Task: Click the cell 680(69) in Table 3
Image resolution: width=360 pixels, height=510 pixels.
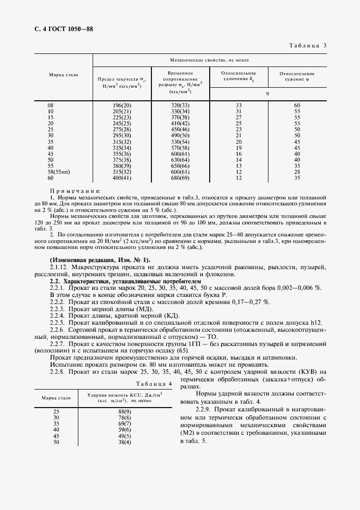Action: (180, 178)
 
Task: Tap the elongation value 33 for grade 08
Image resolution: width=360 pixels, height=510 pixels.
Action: (238, 105)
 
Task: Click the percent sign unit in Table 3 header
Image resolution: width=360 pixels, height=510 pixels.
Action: (267, 93)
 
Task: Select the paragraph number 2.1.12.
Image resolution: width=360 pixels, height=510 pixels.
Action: (59, 267)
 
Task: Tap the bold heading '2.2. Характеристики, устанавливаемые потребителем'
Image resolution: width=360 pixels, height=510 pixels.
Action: (125, 280)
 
